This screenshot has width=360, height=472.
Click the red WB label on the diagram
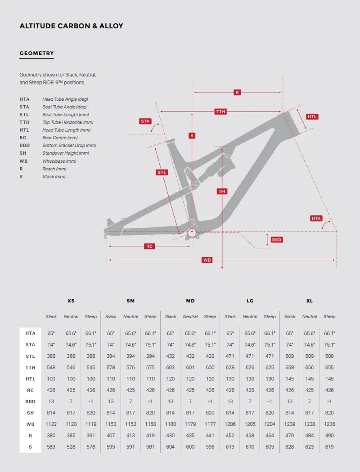point(207,260)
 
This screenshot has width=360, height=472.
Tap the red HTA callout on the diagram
point(316,218)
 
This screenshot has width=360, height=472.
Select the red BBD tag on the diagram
point(277,240)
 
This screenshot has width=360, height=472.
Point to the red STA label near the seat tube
point(145,121)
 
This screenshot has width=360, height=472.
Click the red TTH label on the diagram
point(220,111)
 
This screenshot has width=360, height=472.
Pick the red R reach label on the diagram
point(237,92)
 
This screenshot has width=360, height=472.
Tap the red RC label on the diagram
point(149,246)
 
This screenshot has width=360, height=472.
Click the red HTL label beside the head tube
point(312,116)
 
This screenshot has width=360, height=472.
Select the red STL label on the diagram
point(162,172)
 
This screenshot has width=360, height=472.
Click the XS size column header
point(71,301)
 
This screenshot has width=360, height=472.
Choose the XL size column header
point(310,301)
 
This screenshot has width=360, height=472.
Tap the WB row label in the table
point(31,424)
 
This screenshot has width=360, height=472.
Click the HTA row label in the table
point(31,333)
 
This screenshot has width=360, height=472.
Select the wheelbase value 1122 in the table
point(51,424)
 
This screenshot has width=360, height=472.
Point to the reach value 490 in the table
point(329,435)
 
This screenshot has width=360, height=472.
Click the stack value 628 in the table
point(290,446)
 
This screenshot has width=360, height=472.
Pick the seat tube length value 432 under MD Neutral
point(190,356)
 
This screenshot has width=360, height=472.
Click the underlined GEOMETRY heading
point(36,53)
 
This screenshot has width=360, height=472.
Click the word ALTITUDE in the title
point(38,26)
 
